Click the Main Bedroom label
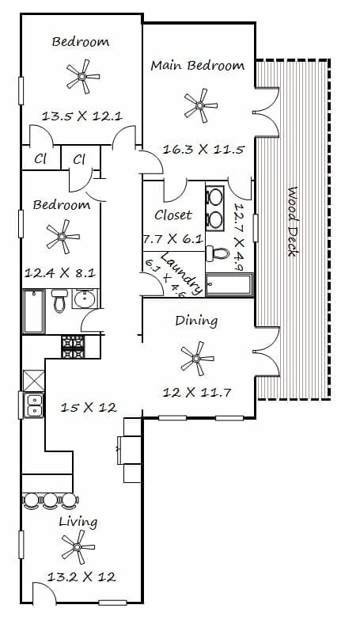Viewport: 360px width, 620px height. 197,65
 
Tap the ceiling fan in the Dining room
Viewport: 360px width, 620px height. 197,359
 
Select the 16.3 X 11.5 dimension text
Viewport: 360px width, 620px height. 204,150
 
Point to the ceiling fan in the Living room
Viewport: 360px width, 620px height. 78,547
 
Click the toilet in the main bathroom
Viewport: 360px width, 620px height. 218,253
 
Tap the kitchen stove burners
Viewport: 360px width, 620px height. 73,347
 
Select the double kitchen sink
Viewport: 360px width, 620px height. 34,405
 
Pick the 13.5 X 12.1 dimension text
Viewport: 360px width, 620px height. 82,116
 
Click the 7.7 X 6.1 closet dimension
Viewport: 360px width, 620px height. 173,239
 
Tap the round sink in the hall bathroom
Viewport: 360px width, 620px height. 85,299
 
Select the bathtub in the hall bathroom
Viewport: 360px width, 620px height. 34,311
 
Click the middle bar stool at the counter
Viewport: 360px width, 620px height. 50,500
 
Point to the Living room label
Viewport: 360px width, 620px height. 78,522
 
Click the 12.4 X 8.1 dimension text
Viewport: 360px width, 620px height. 59,273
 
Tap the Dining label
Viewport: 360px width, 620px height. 196,321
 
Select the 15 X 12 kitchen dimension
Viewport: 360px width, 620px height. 88,407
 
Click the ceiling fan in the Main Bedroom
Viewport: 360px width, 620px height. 200,105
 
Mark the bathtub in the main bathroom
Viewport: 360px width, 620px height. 229,284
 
